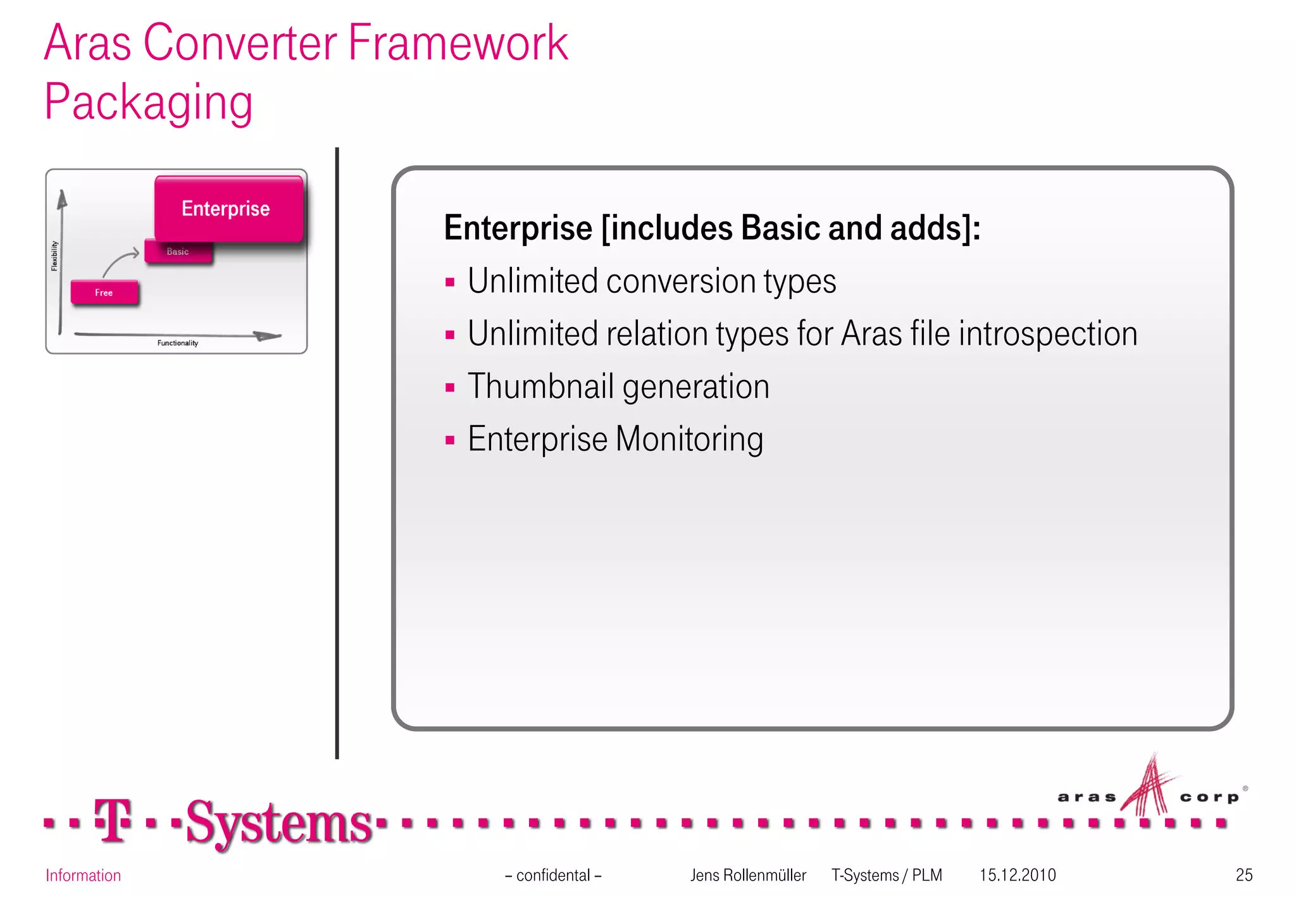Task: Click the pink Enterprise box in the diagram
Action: pyautogui.click(x=228, y=209)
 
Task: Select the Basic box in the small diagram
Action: pyautogui.click(x=178, y=252)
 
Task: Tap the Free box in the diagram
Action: pyautogui.click(x=104, y=293)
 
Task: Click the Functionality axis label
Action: pyautogui.click(x=178, y=343)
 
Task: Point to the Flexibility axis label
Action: pyautogui.click(x=54, y=256)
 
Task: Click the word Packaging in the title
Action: pyautogui.click(x=149, y=102)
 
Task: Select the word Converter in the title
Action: pyautogui.click(x=240, y=43)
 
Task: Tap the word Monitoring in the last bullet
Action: pyautogui.click(x=689, y=440)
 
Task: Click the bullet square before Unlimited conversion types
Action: pyautogui.click(x=450, y=283)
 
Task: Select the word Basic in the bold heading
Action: pyautogui.click(x=780, y=228)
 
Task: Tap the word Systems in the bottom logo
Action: pyautogui.click(x=278, y=823)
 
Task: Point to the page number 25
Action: pyautogui.click(x=1243, y=875)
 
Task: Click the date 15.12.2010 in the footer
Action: pyautogui.click(x=1017, y=875)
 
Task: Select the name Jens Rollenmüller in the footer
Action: pyautogui.click(x=747, y=875)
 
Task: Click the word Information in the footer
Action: pyautogui.click(x=83, y=875)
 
